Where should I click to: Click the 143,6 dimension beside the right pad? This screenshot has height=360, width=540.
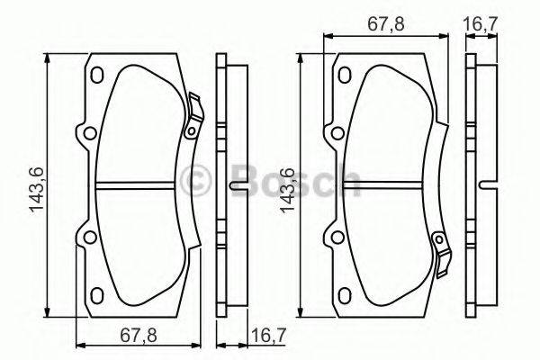289,189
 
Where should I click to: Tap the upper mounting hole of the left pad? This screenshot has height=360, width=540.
88,136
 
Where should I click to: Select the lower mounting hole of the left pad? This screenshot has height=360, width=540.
88,238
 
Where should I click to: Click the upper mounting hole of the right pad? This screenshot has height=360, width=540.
337,135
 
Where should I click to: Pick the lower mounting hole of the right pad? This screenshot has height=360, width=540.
337,238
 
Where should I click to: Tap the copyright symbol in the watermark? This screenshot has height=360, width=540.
195,180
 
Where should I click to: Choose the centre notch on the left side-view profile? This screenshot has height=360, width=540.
236,187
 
